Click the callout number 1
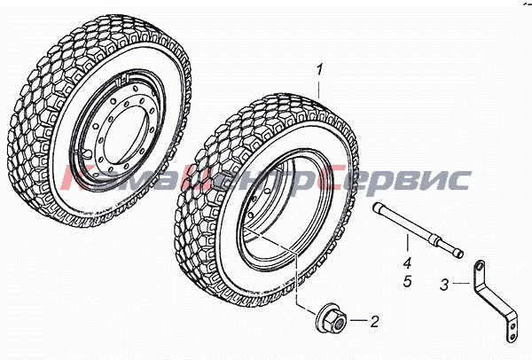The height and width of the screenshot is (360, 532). (x=319, y=69)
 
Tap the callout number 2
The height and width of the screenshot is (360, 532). (x=374, y=321)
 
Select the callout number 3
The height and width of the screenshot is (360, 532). (x=444, y=285)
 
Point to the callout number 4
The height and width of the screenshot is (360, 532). (x=408, y=263)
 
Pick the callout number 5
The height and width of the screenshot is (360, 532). (x=408, y=280)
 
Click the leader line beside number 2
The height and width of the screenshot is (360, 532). (x=358, y=320)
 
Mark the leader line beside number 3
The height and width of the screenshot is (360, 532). (x=462, y=283)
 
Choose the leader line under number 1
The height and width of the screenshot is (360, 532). (x=319, y=88)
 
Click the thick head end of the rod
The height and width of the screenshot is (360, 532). (x=379, y=207)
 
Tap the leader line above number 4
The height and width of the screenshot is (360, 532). (x=407, y=244)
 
